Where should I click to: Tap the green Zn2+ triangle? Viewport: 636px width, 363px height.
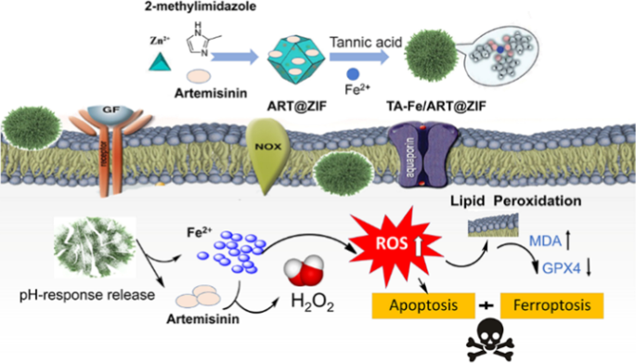coord(159,62)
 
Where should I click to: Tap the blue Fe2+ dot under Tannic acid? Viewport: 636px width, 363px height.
coord(353,74)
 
